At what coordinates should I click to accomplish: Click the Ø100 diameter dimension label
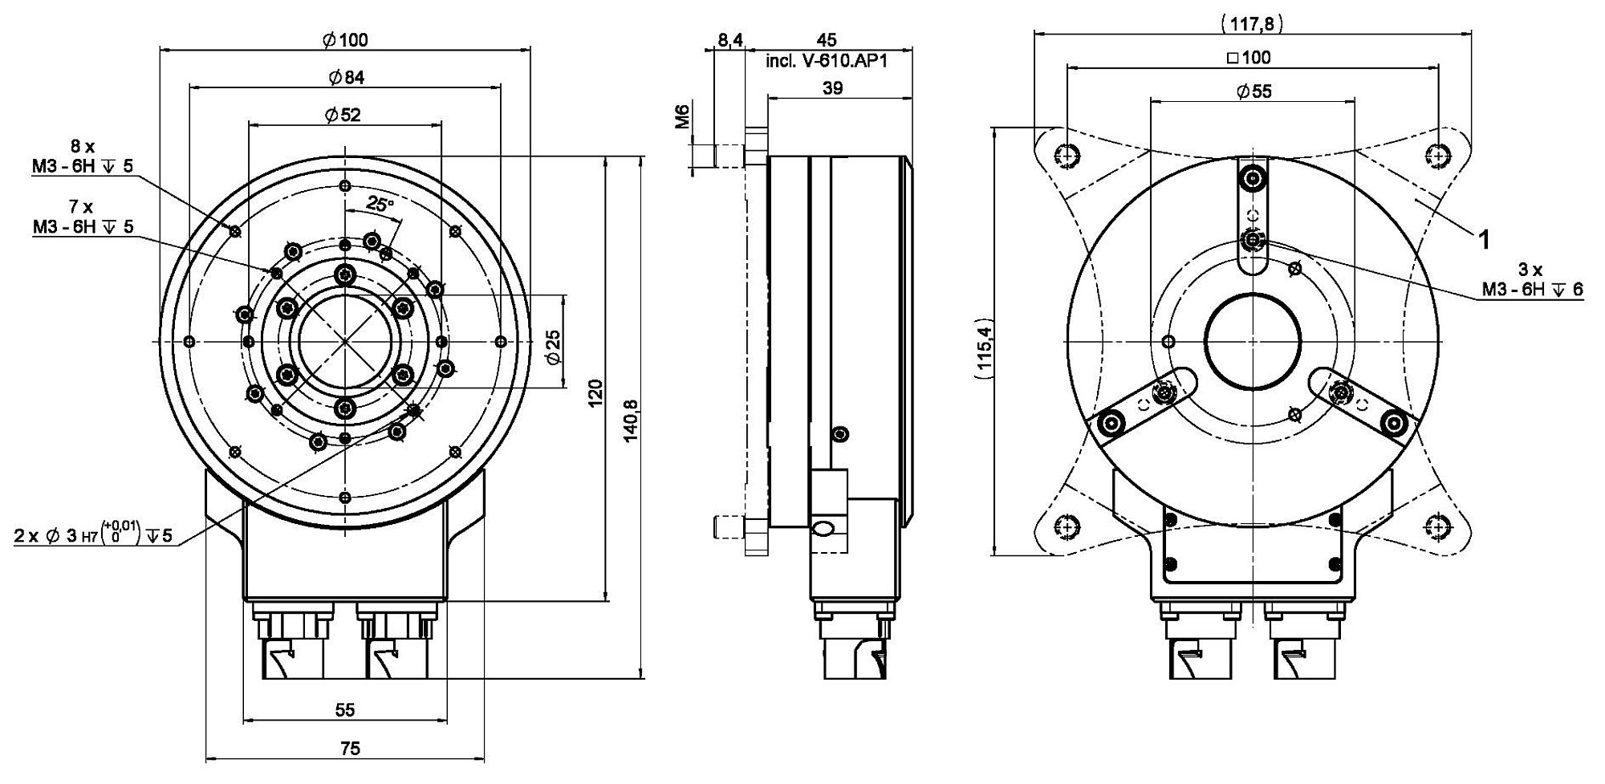346,40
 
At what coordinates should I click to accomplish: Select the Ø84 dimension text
346,77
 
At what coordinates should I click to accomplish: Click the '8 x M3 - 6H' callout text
83,156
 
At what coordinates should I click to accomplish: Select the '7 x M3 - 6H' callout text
83,217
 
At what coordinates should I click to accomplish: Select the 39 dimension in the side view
833,88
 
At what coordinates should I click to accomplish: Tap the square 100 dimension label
1249,58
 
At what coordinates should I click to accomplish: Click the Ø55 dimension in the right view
1254,91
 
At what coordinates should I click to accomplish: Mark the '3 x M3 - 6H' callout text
1532,280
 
